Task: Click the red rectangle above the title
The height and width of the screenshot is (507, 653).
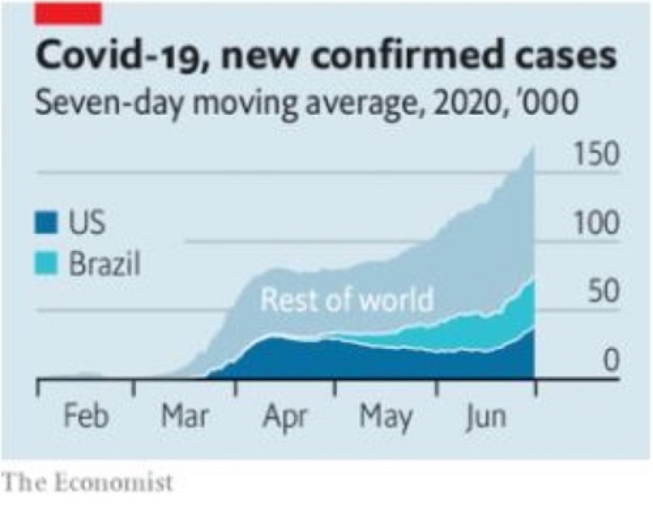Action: [68, 13]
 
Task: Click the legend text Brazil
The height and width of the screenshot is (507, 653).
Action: [105, 264]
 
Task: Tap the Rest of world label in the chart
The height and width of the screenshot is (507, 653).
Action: [347, 301]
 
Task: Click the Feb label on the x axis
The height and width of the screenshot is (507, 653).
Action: [85, 416]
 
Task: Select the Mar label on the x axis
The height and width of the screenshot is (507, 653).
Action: [185, 416]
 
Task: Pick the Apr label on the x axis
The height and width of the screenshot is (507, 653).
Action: [284, 417]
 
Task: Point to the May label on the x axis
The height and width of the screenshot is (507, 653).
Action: [385, 417]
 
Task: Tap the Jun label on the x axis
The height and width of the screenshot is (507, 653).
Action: [486, 416]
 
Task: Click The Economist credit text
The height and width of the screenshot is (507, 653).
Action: [88, 483]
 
